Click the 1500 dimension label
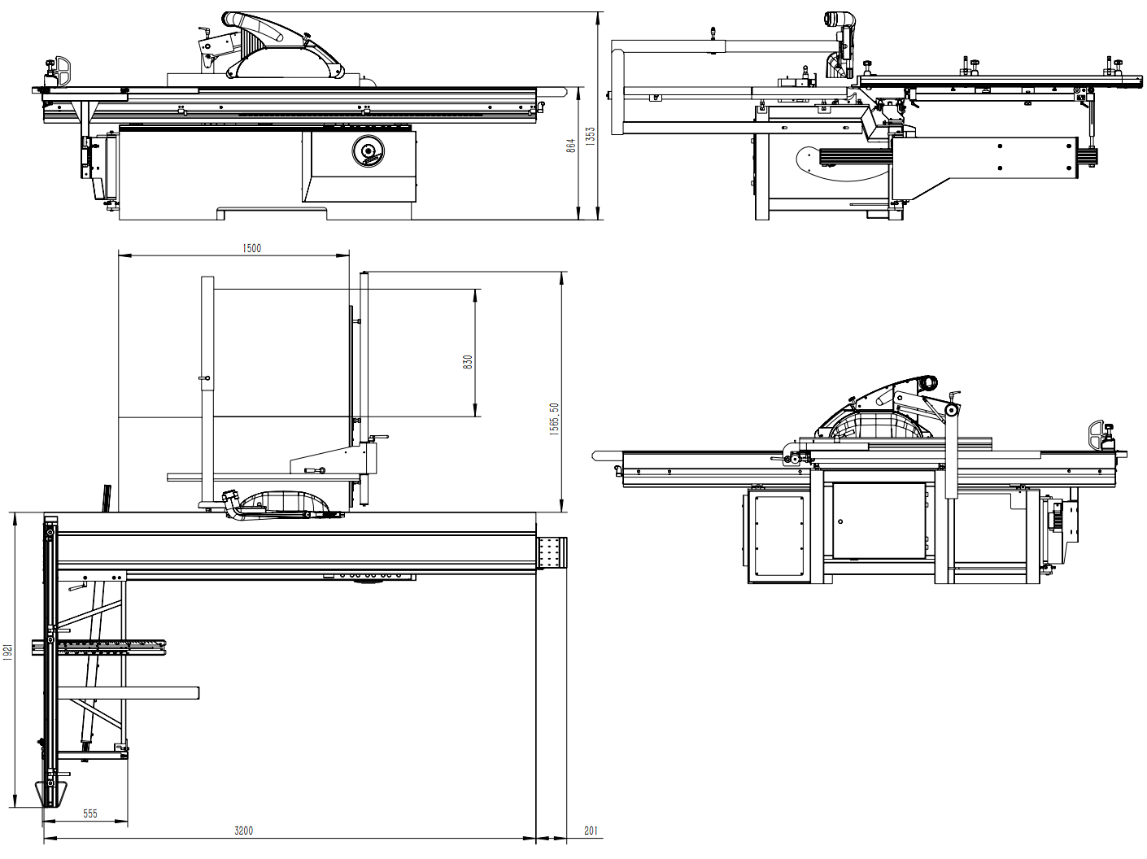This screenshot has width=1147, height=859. pos(252,248)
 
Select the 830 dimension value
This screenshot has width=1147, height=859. pos(468,362)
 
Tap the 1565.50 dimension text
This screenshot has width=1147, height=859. pos(554,419)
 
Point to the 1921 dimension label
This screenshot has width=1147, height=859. pos(8,652)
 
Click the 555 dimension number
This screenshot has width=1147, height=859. pos(90,813)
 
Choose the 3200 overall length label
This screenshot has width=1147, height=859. pos(243,831)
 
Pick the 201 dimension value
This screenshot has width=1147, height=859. pos(591,831)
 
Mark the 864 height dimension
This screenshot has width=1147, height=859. pos(571,146)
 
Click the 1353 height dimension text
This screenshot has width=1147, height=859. pos(591,136)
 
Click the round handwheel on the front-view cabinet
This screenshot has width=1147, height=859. pos(368,152)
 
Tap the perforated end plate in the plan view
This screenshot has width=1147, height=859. pos(552,554)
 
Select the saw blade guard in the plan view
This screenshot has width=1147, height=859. pos(277,504)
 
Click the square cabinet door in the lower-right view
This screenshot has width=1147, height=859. pos(879,521)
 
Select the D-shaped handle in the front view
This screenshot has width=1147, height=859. pos(62,69)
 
